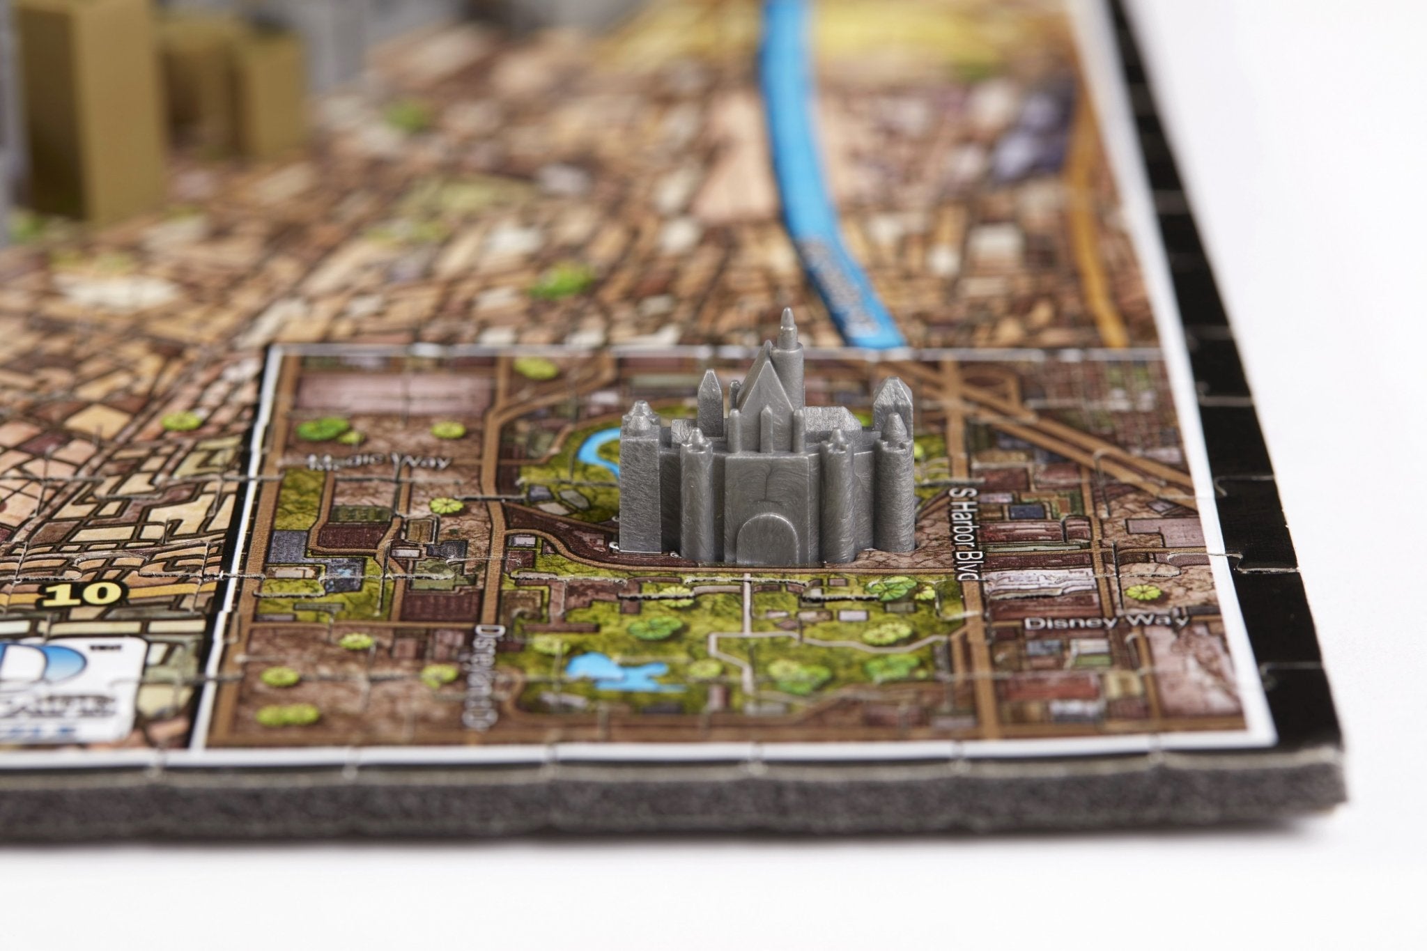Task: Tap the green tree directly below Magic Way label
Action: pyautogui.click(x=441, y=504)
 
